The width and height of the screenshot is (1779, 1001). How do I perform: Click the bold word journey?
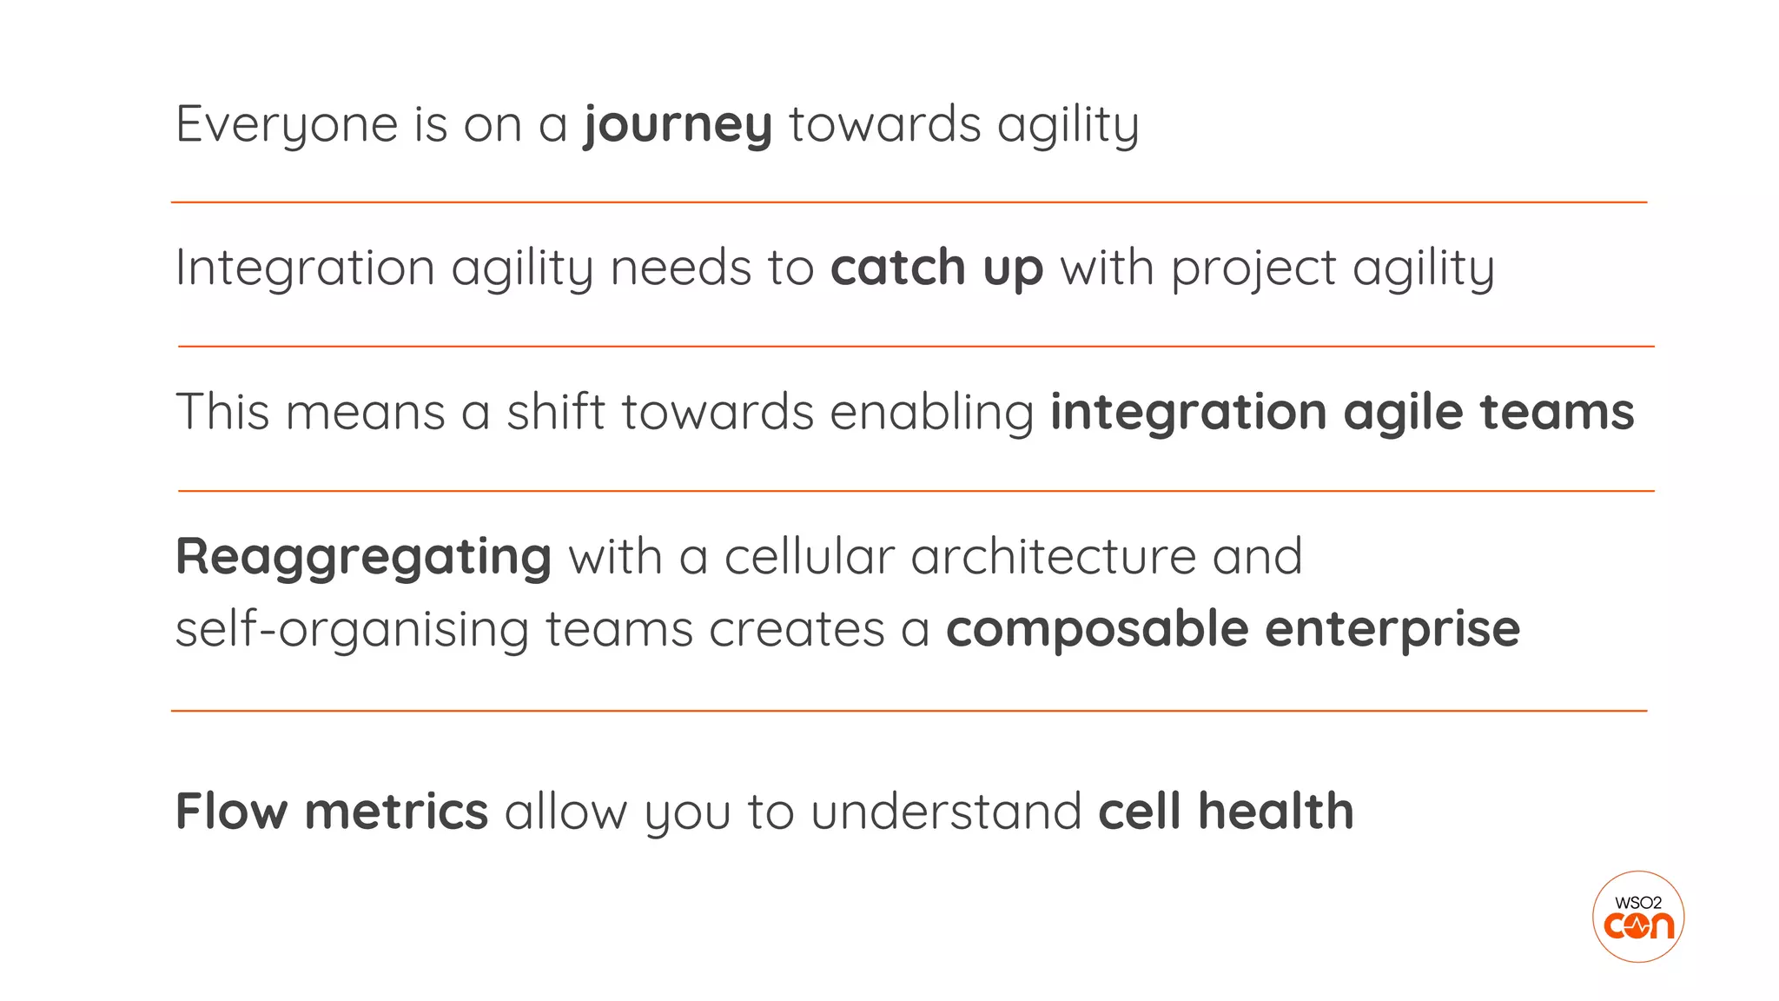[x=678, y=124]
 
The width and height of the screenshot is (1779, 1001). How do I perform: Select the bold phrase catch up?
[x=936, y=268]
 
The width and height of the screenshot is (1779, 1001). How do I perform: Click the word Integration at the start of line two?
[x=305, y=268]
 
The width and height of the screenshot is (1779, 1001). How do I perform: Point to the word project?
[x=1253, y=268]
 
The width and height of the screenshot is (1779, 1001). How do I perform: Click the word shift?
[x=556, y=412]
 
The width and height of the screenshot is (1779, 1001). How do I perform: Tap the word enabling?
[x=932, y=412]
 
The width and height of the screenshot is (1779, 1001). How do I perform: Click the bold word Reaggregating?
[x=363, y=557]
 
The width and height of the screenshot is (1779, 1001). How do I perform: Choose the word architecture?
[x=1054, y=556]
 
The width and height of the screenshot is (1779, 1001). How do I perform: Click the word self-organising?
[x=352, y=629]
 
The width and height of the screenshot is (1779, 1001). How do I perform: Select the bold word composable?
[x=1097, y=629]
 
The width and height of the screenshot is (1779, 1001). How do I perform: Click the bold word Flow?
[x=231, y=812]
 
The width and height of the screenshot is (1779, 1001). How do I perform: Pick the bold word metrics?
[x=396, y=812]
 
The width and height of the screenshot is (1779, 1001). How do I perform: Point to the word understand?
[x=946, y=812]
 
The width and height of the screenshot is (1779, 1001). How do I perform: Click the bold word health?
[x=1275, y=812]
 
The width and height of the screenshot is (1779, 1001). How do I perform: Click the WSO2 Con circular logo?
[x=1638, y=917]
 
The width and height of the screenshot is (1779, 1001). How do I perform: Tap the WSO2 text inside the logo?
[x=1638, y=903]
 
